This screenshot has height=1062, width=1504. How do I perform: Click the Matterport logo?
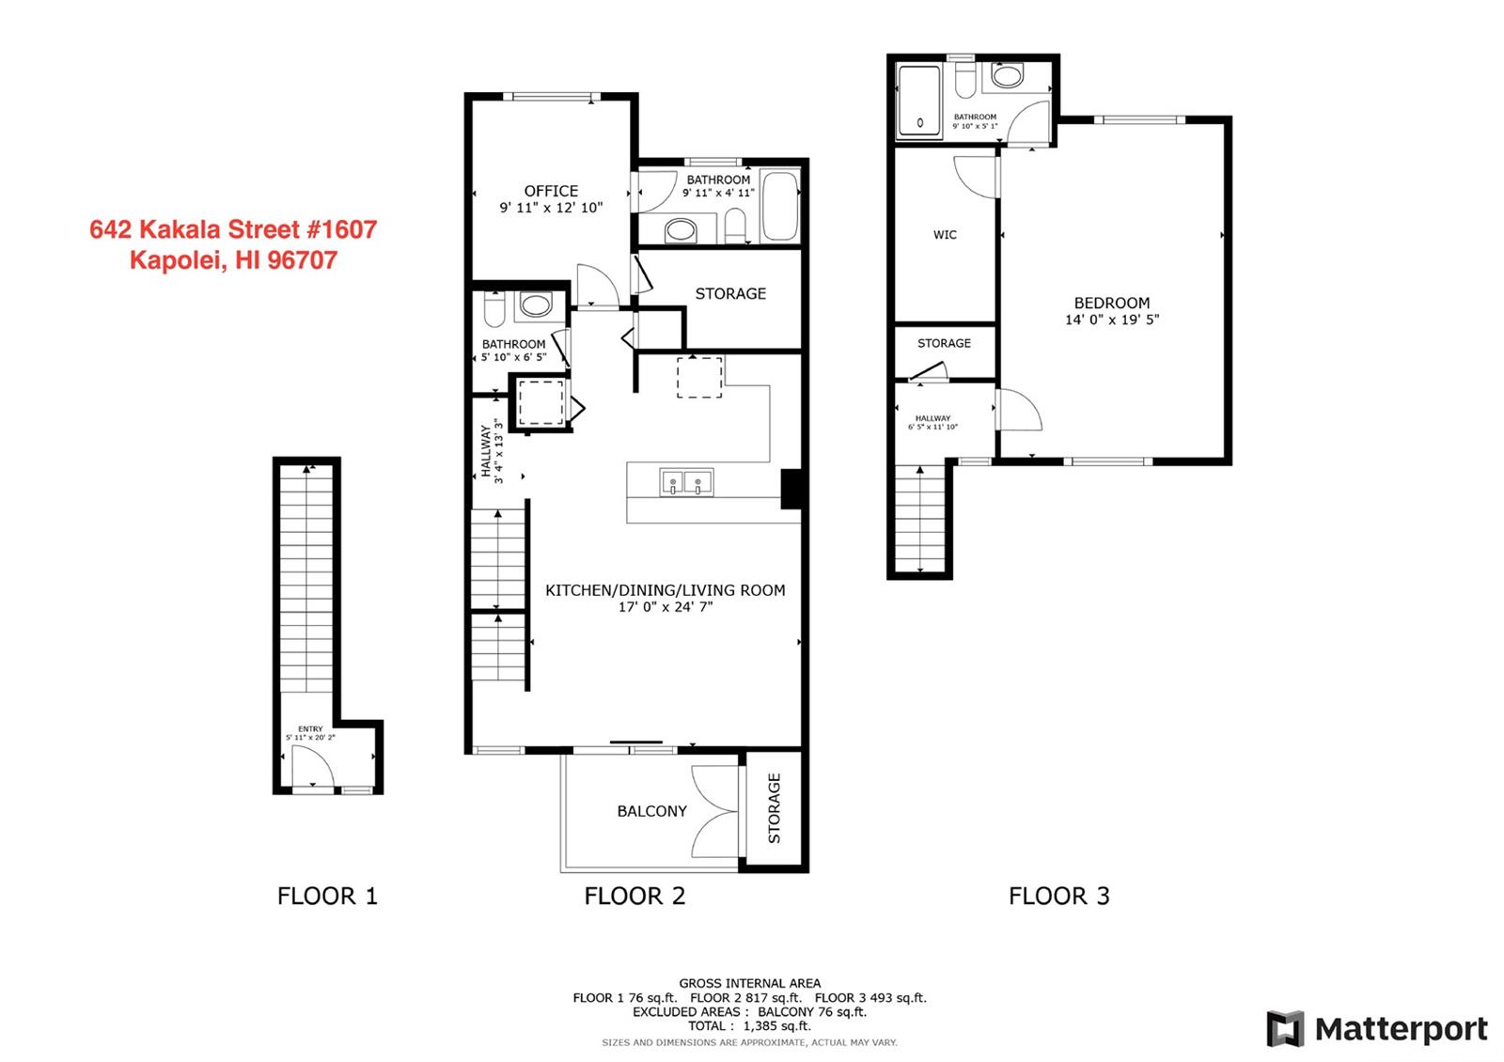pos(1376,1028)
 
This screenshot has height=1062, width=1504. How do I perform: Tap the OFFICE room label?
pos(551,192)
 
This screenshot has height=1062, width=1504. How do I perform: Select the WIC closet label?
pos(945,235)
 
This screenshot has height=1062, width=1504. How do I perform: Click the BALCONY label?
pos(652,811)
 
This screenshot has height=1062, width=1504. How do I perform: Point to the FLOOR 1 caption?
pos(328,896)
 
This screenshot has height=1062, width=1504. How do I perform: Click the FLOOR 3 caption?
pos(1058,896)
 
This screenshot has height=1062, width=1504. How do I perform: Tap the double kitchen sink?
pos(685,482)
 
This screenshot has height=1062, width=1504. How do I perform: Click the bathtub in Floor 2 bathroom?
pos(779,206)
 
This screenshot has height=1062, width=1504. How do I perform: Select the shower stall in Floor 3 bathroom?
pos(919,101)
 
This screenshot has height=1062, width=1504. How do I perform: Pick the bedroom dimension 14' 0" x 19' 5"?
pos(1112,320)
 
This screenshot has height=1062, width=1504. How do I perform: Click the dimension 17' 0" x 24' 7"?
pos(666,607)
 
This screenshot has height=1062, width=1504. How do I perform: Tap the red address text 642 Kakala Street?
pos(233,229)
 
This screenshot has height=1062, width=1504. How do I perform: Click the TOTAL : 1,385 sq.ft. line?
pos(749,1025)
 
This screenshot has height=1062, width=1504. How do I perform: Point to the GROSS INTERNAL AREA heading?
pos(749,983)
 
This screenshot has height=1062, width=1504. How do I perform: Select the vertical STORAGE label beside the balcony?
pos(775,808)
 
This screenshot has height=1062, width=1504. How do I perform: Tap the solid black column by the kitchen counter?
pos(791,489)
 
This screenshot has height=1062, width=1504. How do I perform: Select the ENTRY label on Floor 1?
pos(310,729)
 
